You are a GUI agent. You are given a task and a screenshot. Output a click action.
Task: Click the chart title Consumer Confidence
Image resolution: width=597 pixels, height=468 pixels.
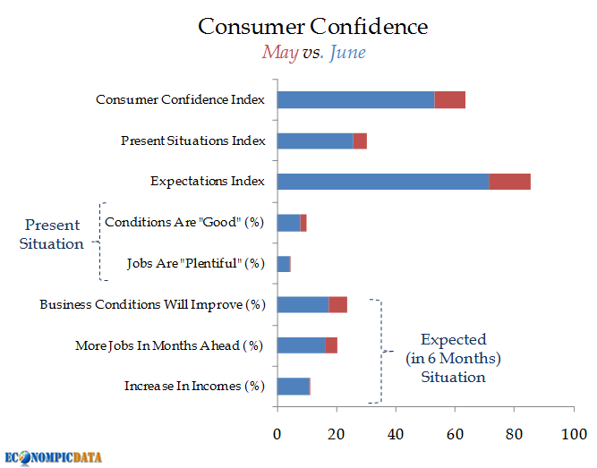(x=312, y=26)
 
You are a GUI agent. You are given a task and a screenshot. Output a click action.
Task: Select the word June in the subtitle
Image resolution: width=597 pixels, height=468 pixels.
(x=347, y=53)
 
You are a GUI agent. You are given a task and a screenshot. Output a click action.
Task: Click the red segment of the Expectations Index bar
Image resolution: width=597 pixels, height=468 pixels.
(x=509, y=182)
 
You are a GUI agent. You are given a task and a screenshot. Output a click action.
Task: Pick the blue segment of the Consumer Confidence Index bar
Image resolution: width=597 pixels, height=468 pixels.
(x=355, y=99)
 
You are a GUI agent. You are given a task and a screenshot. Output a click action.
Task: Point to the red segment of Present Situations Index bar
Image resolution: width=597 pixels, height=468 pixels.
(x=360, y=140)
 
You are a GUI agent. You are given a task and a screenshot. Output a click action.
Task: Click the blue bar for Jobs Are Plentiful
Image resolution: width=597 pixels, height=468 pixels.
(x=283, y=264)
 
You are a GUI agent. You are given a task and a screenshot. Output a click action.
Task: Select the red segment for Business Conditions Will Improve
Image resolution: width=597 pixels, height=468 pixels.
(x=337, y=304)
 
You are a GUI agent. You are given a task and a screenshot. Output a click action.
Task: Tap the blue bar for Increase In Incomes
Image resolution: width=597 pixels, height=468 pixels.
(x=293, y=387)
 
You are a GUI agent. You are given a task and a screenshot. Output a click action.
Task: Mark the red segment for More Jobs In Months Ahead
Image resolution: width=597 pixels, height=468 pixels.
(x=331, y=345)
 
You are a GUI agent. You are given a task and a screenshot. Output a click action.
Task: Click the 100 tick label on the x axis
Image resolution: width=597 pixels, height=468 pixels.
(x=573, y=435)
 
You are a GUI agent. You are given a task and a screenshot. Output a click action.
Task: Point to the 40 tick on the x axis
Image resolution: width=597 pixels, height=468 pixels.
(x=396, y=435)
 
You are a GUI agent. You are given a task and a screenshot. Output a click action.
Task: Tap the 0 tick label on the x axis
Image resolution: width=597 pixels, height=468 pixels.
(x=277, y=435)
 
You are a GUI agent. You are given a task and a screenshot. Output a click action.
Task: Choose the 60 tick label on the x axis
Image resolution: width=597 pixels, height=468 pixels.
(x=455, y=435)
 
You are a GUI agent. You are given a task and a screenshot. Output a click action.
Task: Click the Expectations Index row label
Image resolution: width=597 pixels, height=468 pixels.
(x=208, y=182)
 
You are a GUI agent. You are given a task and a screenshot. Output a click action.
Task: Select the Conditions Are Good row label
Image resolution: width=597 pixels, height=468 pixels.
(x=184, y=223)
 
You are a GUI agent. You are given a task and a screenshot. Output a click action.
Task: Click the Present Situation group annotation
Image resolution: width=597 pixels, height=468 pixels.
(x=52, y=234)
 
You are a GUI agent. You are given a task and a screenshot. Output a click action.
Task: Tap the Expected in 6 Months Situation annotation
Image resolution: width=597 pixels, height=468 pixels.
(x=453, y=358)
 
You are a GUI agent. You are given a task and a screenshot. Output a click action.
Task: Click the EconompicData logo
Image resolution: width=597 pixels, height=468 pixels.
(x=53, y=457)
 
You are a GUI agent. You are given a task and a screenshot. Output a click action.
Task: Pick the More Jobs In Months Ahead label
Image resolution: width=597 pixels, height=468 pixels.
(x=170, y=345)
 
